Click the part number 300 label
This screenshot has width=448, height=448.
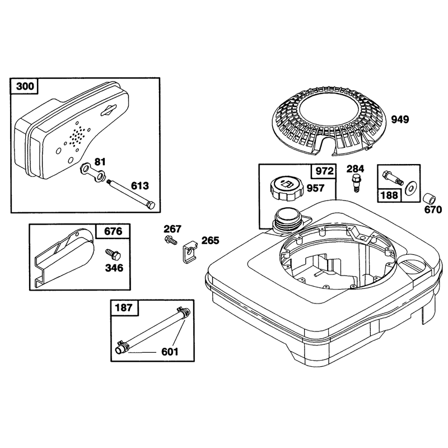point(25,86)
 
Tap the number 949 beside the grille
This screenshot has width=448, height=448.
point(400,119)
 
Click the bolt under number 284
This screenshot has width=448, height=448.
point(355,183)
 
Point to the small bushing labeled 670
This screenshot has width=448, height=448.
point(428,199)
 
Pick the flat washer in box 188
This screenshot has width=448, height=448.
point(410,188)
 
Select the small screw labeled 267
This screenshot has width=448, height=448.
point(171,240)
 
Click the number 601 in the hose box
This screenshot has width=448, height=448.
point(170,352)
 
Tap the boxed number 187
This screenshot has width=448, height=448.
point(124,307)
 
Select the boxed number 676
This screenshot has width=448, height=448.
point(113,231)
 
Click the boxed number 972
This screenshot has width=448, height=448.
point(325,171)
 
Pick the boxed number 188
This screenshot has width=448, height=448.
point(389,195)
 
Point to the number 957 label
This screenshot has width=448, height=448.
point(315,188)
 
